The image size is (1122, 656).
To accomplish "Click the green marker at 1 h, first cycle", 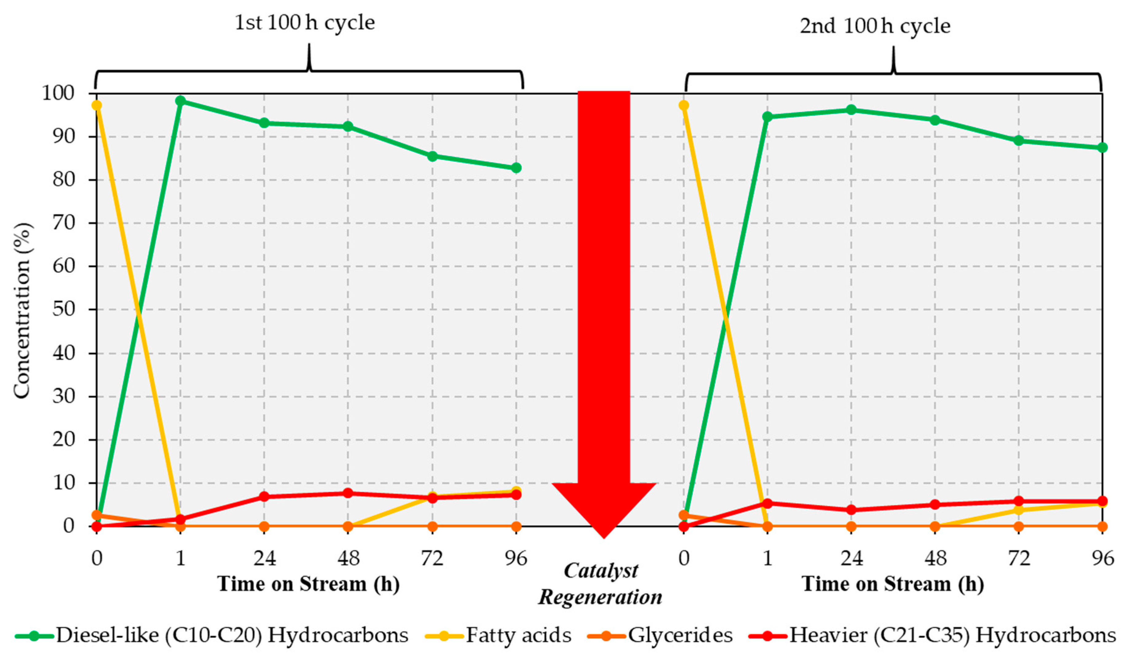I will [x=180, y=101].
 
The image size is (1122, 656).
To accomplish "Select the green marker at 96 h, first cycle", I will [x=516, y=168].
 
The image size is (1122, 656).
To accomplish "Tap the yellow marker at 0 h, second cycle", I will [x=684, y=105].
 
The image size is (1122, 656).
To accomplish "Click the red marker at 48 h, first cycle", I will [x=348, y=493].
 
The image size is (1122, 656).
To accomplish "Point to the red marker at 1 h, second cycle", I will [x=768, y=504].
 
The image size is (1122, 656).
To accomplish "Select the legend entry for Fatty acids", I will [x=499, y=635].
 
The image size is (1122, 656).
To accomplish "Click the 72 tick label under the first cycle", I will [x=432, y=558].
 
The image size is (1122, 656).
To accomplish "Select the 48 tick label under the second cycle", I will [x=935, y=558].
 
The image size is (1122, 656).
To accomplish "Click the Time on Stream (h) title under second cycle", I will [x=893, y=584].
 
